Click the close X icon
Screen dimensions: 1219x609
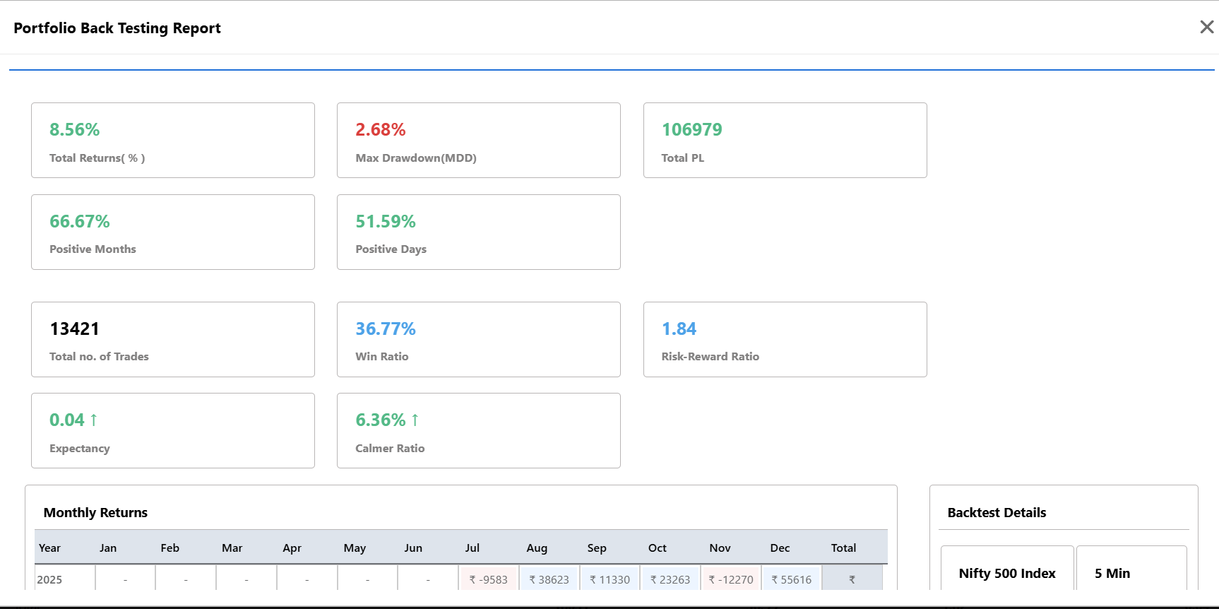click(x=1206, y=27)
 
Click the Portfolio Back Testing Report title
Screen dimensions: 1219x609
click(x=117, y=28)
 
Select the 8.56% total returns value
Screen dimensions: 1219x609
click(x=74, y=129)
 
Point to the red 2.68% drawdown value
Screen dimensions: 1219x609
click(x=380, y=129)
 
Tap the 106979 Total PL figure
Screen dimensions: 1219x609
click(x=691, y=129)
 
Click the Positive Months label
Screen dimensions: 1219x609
click(x=93, y=249)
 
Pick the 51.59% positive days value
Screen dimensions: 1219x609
click(x=385, y=221)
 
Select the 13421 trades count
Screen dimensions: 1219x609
click(x=74, y=329)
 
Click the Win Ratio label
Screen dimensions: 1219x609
click(x=381, y=356)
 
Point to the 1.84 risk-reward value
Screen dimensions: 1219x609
click(x=679, y=329)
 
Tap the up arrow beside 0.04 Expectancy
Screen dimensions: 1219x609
click(x=93, y=420)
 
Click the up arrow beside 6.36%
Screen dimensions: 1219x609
click(x=415, y=420)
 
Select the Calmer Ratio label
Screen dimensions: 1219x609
click(x=390, y=448)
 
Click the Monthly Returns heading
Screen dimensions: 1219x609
click(x=95, y=512)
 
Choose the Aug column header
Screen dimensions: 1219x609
click(x=537, y=548)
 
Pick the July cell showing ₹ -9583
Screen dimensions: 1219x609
click(x=489, y=579)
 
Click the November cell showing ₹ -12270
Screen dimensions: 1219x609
click(x=731, y=579)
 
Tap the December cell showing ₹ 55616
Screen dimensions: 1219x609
click(x=791, y=579)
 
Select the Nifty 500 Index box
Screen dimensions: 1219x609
click(x=1007, y=569)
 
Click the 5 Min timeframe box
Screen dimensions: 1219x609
click(x=1131, y=569)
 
